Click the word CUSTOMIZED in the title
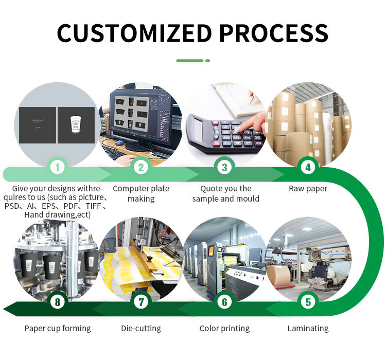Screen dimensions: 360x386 tap(133, 33)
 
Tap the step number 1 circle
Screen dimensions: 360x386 tap(58, 167)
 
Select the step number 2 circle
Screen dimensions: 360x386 tap(141, 167)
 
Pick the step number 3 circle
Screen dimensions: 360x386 tap(224, 167)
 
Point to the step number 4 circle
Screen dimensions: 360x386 tap(308, 167)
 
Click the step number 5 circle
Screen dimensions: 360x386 tap(308, 302)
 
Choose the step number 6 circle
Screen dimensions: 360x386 tap(224, 302)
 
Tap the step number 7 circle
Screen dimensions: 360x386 tap(141, 302)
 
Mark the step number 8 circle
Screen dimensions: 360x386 tap(58, 302)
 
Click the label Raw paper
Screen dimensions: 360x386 tap(308, 189)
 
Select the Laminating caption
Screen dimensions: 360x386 tap(308, 328)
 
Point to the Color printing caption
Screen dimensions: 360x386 tap(224, 328)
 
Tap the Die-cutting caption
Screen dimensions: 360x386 tap(141, 328)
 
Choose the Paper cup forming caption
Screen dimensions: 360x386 tap(58, 328)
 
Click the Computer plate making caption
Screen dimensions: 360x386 tap(141, 193)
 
